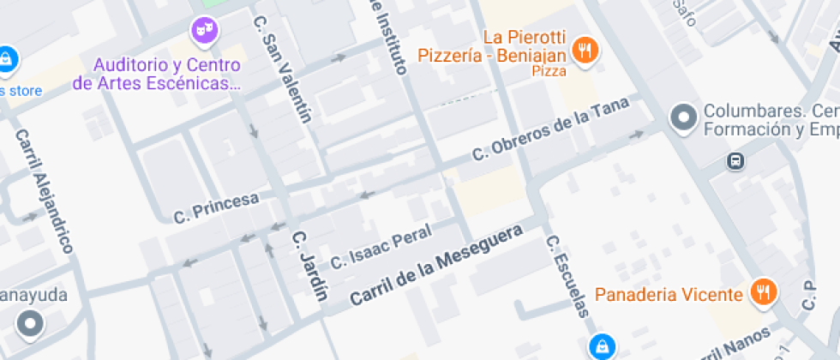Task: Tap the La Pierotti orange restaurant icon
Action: click(586, 50)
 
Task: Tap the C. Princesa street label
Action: click(216, 206)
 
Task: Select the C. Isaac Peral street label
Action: click(381, 244)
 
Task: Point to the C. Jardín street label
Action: click(309, 267)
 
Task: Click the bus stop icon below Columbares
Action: click(735, 160)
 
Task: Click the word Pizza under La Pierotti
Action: click(549, 72)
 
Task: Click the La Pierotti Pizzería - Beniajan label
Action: click(491, 46)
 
